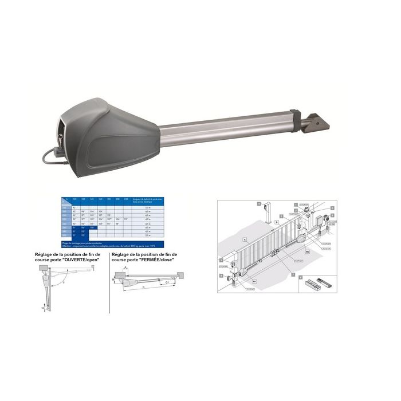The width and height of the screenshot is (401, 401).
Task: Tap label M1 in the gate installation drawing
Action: point(255,282)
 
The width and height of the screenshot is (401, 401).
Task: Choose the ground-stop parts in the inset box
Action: point(319,283)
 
